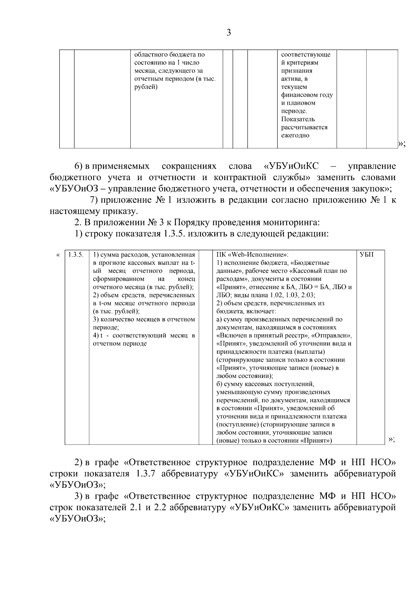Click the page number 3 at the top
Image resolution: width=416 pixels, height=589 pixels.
coord(228,33)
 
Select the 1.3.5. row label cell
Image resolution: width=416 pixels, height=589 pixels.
coord(76,254)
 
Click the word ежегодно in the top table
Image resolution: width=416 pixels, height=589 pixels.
coord(295,135)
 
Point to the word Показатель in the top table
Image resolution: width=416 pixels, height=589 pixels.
coord(298,119)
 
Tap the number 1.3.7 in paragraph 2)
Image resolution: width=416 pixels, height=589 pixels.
coord(142,474)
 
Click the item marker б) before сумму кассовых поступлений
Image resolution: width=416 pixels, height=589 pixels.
coord(219,384)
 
